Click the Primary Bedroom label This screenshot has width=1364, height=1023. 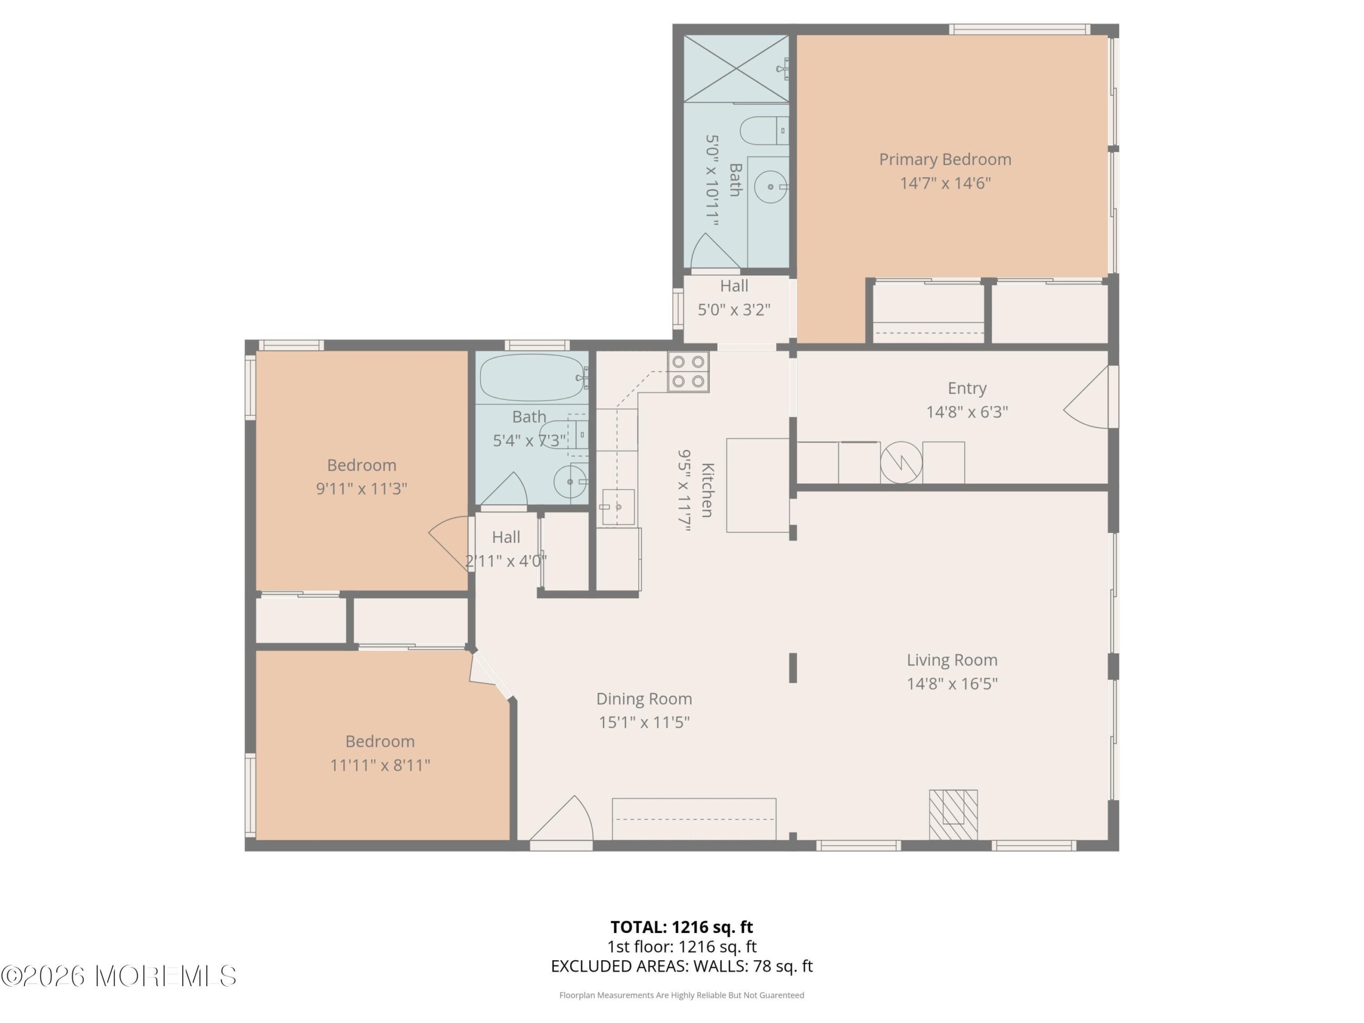pyautogui.click(x=945, y=160)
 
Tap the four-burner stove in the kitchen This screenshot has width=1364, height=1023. pyautogui.click(x=688, y=372)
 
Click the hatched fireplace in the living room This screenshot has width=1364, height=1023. pyautogui.click(x=953, y=815)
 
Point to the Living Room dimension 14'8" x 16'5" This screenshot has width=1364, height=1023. pyautogui.click(x=952, y=683)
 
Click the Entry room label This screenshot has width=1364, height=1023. pyautogui.click(x=967, y=388)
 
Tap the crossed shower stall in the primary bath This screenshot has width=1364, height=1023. pyautogui.click(x=736, y=68)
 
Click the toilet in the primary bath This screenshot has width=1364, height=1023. pyautogui.click(x=764, y=131)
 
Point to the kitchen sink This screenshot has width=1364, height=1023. pyautogui.click(x=618, y=507)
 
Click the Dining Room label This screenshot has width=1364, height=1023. pyautogui.click(x=644, y=699)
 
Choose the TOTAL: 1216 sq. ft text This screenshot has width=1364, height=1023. pyautogui.click(x=681, y=927)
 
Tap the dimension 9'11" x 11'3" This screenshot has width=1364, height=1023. pyautogui.click(x=362, y=489)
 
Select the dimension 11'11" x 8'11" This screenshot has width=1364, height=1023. pyautogui.click(x=380, y=765)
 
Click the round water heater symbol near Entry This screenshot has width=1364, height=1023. pyautogui.click(x=902, y=462)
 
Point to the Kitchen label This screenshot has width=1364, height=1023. pyautogui.click(x=707, y=490)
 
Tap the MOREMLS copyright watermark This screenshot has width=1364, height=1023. pyautogui.click(x=118, y=976)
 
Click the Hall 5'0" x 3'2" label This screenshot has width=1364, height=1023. pyautogui.click(x=734, y=298)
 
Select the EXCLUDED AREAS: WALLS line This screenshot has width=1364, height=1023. pyautogui.click(x=682, y=967)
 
